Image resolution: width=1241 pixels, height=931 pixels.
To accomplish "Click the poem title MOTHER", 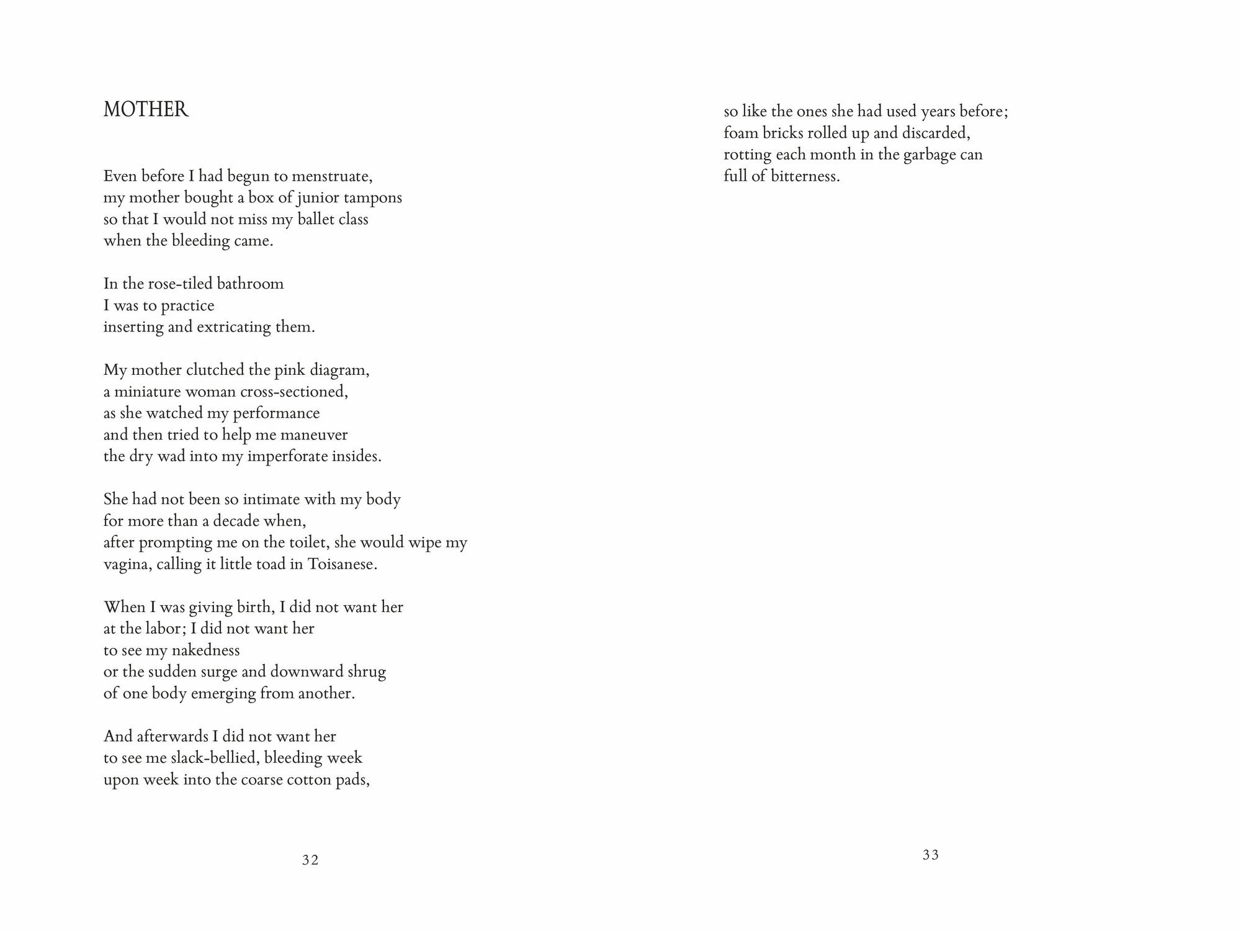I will tap(146, 110).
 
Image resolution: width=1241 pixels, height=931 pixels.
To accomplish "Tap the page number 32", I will tap(310, 860).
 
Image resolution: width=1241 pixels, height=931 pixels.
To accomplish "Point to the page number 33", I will tap(931, 855).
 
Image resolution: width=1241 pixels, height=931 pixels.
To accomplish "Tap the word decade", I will tap(239, 521).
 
